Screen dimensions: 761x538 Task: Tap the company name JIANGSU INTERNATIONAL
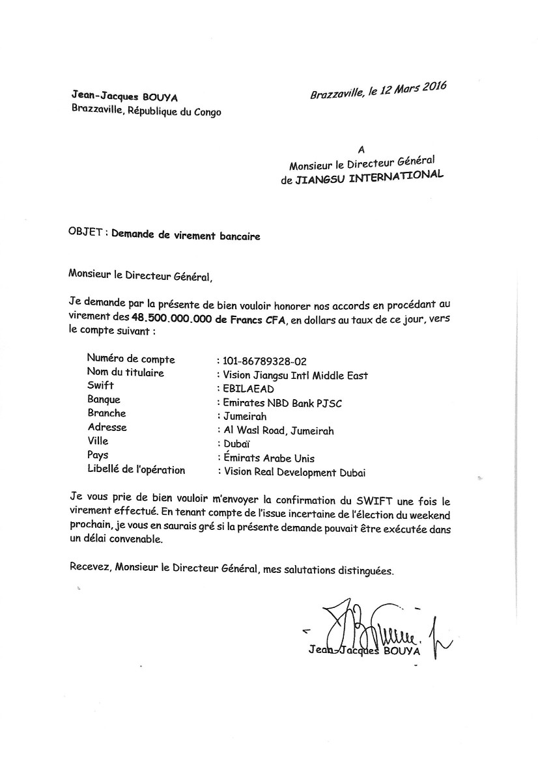[x=369, y=178]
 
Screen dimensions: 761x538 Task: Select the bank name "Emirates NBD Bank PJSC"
[x=283, y=403]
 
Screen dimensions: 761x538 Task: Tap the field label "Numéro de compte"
[x=130, y=359]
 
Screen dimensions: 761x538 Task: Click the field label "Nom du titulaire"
[x=125, y=373]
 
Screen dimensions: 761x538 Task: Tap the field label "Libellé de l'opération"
[x=136, y=470]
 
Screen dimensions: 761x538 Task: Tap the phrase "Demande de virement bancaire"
[x=186, y=236]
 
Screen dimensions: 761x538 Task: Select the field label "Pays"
[x=98, y=456]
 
